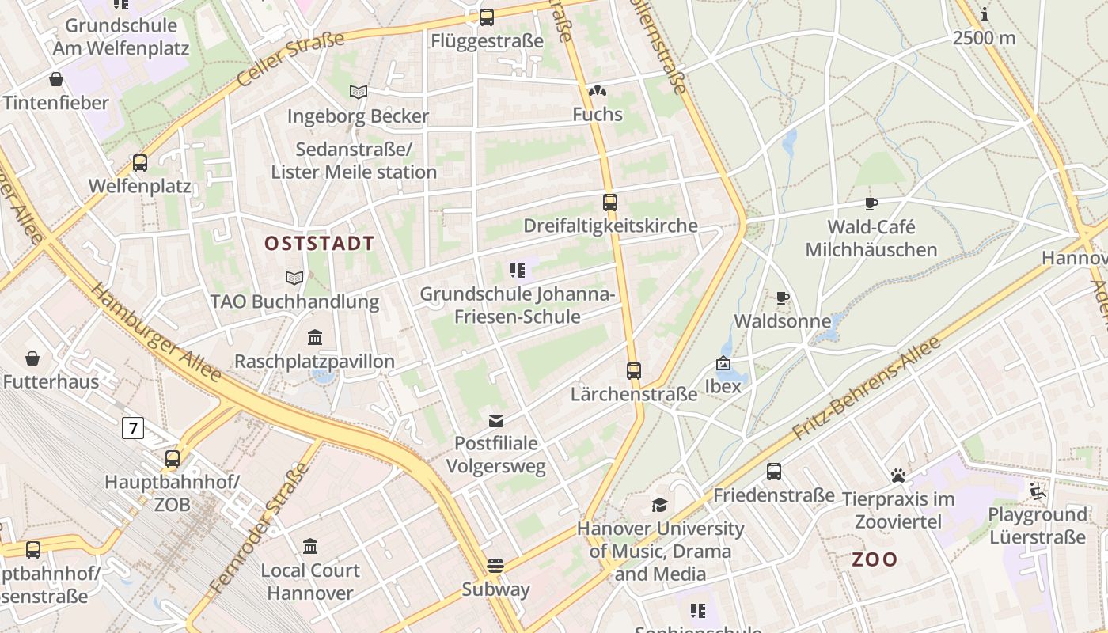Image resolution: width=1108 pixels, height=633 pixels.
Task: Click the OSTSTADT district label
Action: pyautogui.click(x=319, y=244)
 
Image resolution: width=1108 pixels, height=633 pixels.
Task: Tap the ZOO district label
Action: pyautogui.click(x=875, y=559)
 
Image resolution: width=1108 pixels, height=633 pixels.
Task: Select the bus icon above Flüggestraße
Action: pyautogui.click(x=487, y=17)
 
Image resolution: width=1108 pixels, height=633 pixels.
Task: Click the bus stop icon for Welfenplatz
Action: pyautogui.click(x=140, y=163)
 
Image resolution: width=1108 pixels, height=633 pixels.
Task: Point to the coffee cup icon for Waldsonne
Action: pyautogui.click(x=783, y=298)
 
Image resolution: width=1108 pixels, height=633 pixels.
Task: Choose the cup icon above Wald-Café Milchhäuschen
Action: pyautogui.click(x=871, y=204)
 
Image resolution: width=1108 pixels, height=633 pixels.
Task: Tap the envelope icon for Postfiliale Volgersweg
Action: pyautogui.click(x=496, y=420)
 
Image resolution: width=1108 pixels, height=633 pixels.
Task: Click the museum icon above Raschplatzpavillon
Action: pyautogui.click(x=315, y=338)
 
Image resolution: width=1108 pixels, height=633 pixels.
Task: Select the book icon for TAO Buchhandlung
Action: pyautogui.click(x=294, y=278)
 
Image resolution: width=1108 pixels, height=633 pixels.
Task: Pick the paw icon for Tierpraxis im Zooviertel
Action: pyautogui.click(x=897, y=476)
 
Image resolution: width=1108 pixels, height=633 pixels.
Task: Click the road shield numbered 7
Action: pyautogui.click(x=133, y=429)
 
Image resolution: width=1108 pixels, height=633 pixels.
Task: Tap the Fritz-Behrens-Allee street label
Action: pyautogui.click(x=867, y=389)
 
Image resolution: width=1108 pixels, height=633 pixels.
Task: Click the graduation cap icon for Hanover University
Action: pyautogui.click(x=659, y=505)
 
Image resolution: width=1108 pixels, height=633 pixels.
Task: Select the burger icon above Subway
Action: pyautogui.click(x=495, y=565)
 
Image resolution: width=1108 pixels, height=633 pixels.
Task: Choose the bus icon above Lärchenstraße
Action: pyautogui.click(x=634, y=370)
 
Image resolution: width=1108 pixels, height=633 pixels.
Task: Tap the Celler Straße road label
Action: pyautogui.click(x=291, y=59)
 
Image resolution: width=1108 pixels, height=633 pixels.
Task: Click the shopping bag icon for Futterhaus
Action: pyautogui.click(x=32, y=358)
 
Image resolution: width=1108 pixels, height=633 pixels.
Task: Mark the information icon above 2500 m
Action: pyautogui.click(x=985, y=14)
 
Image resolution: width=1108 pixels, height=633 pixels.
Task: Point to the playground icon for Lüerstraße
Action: pyautogui.click(x=1037, y=491)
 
